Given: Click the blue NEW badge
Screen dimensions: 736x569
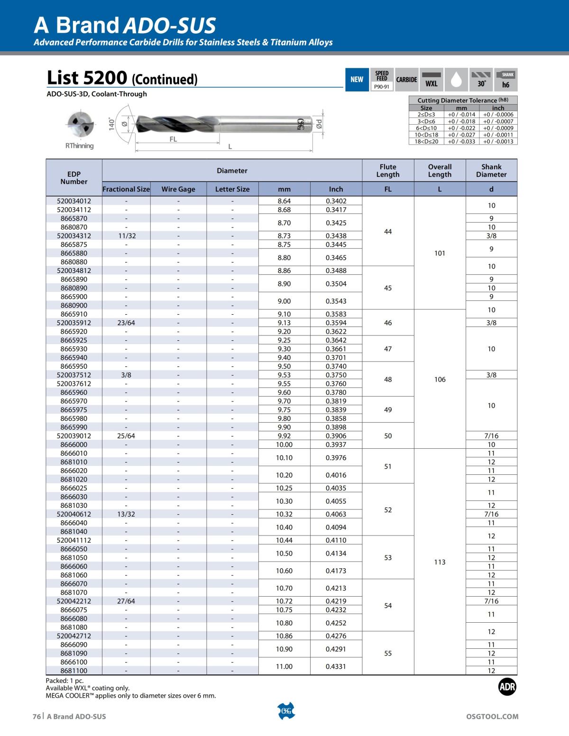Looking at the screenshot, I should [x=357, y=80].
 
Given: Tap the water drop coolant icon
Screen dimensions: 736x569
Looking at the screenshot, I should [x=456, y=80].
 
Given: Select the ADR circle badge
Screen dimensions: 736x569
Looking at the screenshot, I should [x=507, y=687].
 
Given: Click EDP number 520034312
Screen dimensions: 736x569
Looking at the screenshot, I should [x=74, y=236].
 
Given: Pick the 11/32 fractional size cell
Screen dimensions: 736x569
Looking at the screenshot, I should [x=126, y=236].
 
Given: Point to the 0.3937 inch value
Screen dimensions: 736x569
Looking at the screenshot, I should [x=336, y=445].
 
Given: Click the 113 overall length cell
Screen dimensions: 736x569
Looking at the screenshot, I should [x=440, y=562].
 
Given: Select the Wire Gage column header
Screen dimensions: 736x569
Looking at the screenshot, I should [x=178, y=189].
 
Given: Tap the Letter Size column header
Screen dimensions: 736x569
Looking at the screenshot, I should [x=232, y=189].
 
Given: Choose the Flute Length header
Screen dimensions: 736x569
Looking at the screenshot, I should [x=388, y=171].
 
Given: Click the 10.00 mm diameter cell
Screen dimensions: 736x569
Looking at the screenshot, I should [x=284, y=445].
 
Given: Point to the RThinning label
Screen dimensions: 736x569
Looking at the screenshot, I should [x=79, y=145].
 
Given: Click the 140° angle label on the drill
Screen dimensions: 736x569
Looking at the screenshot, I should [x=112, y=124].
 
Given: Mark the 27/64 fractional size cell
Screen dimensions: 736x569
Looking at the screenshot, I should [x=126, y=601].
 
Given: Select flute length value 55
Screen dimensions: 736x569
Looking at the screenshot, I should [x=388, y=653].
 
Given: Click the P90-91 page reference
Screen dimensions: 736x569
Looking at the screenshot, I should [x=381, y=87].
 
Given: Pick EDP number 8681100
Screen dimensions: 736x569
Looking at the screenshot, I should [x=74, y=671].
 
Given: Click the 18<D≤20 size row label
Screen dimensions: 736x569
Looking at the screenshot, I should [x=426, y=142].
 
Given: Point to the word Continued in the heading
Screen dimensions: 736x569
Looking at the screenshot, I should [x=164, y=79].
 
